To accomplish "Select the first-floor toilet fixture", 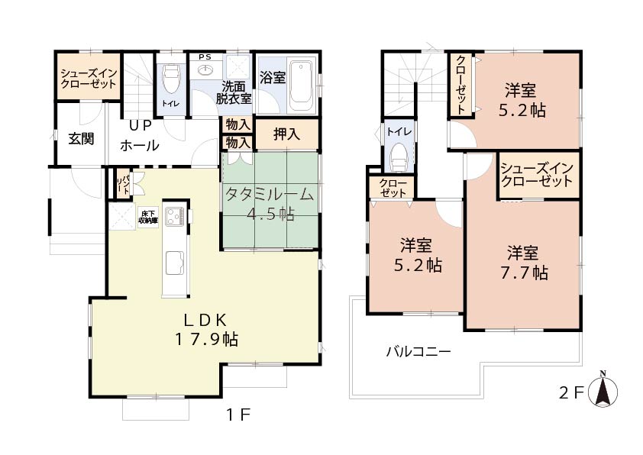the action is click(170, 79).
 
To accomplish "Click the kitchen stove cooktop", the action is click(176, 217).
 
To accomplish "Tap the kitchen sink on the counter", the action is click(176, 263).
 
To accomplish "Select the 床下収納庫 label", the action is click(147, 218).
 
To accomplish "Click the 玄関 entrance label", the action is click(81, 139).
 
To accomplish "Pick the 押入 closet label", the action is click(286, 134).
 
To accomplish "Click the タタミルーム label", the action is click(270, 194).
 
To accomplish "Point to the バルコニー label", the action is click(418, 352).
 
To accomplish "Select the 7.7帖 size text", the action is click(525, 273).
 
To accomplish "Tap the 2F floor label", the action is click(571, 393).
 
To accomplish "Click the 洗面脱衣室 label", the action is click(234, 92).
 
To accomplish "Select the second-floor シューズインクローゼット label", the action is click(537, 175).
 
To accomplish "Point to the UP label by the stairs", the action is click(141, 125).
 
